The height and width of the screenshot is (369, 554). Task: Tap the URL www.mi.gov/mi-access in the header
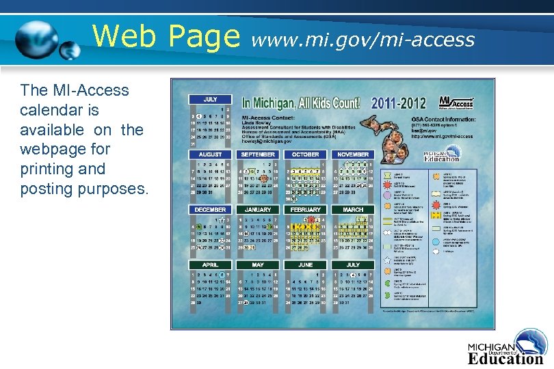point(363,40)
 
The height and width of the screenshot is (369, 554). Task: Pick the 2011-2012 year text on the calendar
point(398,104)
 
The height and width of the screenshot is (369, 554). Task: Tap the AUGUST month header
point(211,154)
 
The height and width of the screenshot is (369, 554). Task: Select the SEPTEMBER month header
point(258,154)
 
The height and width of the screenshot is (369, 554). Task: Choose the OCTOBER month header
point(306,154)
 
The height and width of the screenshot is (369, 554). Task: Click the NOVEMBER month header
point(353,154)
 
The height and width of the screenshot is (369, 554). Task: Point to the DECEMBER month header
point(211,210)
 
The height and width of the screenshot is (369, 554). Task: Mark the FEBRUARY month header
point(306,210)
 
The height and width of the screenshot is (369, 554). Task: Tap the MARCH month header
point(353,210)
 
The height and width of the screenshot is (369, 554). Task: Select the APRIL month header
point(211,264)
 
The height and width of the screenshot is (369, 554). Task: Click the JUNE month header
point(306,264)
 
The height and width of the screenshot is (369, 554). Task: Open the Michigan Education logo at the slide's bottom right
point(506,348)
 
